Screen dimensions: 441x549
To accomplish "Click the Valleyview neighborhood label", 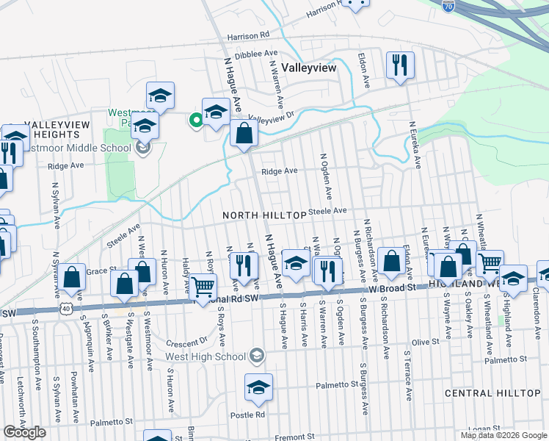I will [308, 67].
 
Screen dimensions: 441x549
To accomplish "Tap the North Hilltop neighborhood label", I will [264, 214].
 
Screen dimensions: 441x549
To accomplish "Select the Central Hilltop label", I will [492, 393].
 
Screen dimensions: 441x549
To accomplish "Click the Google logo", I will [25, 432].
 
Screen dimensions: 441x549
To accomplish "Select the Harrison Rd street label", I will [249, 35].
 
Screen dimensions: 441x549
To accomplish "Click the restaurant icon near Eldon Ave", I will [400, 65].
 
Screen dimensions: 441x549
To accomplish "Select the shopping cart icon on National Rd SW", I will [203, 286].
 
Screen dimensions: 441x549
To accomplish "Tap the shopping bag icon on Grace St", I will [72, 277].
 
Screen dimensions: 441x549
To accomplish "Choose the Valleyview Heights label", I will [51, 129].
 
